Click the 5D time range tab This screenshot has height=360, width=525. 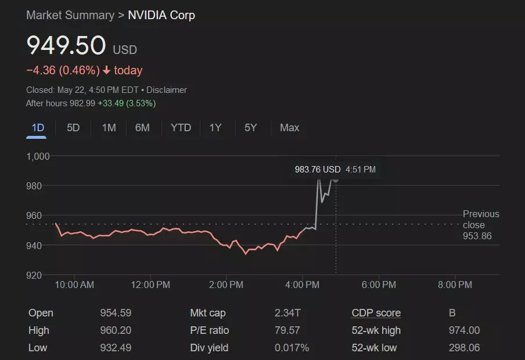tap(73, 128)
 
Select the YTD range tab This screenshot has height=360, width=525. tap(181, 128)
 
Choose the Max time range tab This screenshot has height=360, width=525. tap(289, 128)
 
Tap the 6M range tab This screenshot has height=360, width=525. tap(142, 128)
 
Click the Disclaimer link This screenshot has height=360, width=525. tap(167, 90)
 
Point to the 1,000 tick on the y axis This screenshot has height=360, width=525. tap(38, 156)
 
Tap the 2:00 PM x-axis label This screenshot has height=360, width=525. tap(226, 285)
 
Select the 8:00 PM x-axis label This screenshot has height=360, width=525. tap(455, 285)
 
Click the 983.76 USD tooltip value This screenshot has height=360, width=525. tap(318, 170)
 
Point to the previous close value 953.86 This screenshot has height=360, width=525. tap(477, 236)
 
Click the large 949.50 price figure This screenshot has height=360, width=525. tap(66, 46)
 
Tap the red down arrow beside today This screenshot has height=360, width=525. tap(106, 71)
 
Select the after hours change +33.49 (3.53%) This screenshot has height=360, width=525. tap(126, 103)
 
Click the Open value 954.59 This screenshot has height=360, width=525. tap(116, 313)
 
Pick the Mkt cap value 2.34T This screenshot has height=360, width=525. tap(287, 313)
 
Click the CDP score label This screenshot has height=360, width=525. tap(376, 313)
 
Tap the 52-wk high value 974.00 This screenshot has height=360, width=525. tap(464, 330)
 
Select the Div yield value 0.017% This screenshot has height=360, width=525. tap(292, 348)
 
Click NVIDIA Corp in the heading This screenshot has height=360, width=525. tap(161, 15)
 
